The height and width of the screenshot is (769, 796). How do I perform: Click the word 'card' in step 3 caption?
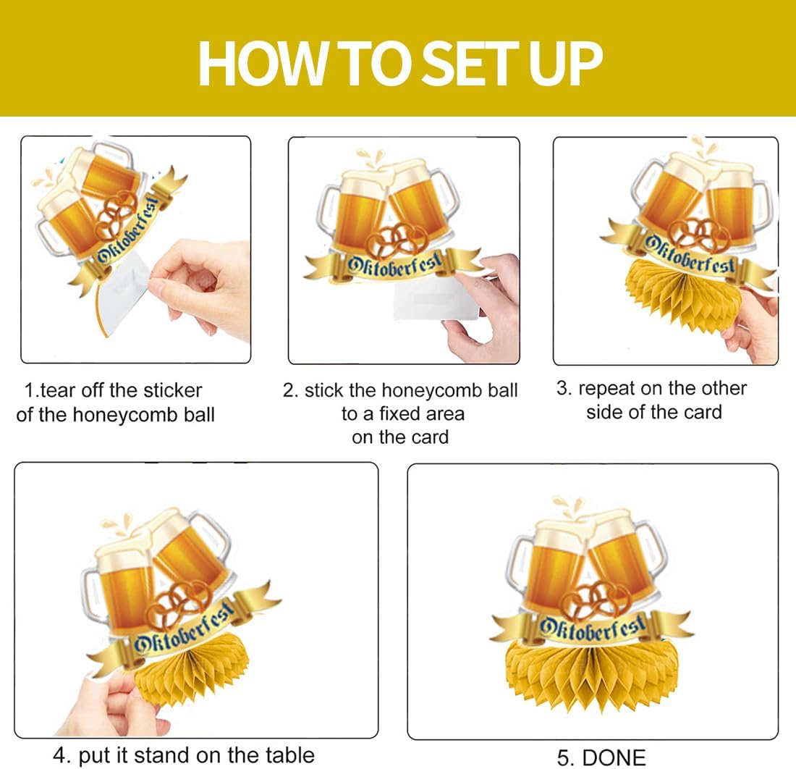click(703, 412)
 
